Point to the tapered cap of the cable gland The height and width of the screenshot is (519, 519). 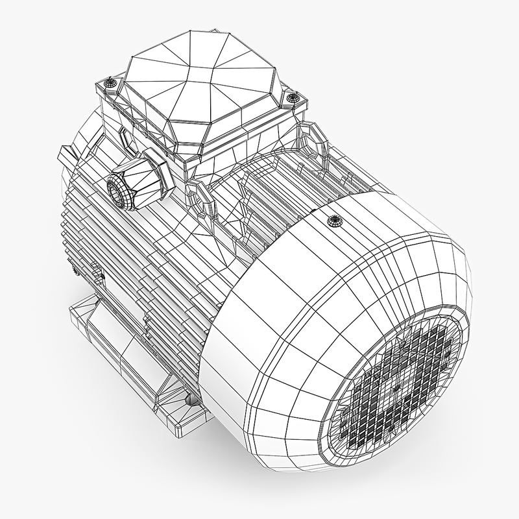132,182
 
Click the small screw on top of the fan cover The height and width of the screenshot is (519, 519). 335,220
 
